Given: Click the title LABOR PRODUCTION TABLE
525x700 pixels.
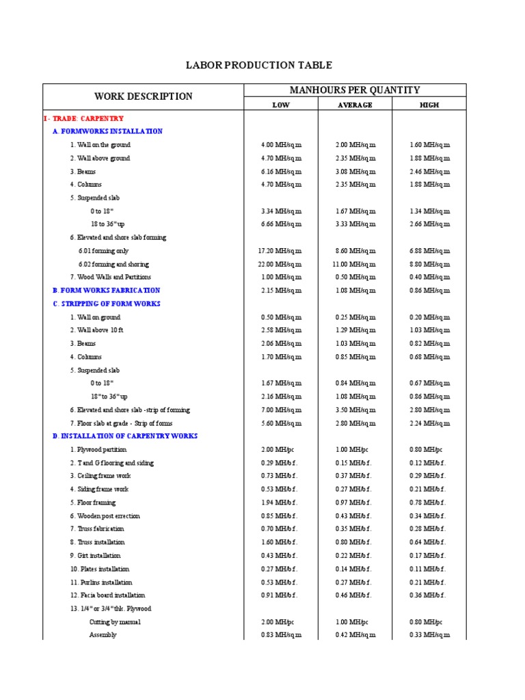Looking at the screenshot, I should coord(259,66).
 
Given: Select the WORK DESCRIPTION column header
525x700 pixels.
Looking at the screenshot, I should coord(144,96).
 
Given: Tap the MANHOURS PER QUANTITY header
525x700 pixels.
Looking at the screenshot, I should coord(355,90).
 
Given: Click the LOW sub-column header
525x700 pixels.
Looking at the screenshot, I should coord(281,105).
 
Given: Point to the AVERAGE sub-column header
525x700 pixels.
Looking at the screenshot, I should coord(355,105).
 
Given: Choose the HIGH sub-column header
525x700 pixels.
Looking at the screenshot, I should coord(429,105).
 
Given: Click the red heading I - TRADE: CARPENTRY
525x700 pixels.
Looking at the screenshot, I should coord(83,118).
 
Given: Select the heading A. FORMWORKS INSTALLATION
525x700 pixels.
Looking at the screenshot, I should coord(107,131).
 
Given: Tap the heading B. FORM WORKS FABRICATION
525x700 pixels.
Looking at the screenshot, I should coord(107,291).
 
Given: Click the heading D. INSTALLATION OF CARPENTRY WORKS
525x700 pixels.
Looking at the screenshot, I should coord(125,436).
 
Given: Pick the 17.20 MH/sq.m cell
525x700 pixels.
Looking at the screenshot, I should coord(281,251).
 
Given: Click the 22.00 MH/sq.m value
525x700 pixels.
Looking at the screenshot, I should coord(281,264).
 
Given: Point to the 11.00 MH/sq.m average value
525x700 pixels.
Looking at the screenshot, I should coord(355,264).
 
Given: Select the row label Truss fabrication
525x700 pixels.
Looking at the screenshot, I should coord(97,529).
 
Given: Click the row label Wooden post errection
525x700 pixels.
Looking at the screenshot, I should coord(105,516).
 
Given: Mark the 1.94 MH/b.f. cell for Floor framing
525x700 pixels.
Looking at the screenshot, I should coord(281,502).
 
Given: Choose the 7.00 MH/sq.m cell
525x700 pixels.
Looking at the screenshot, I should coord(281,410).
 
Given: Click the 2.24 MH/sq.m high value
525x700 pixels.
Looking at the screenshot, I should coord(429,423).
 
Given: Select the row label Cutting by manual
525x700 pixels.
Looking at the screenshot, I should coord(115,622).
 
